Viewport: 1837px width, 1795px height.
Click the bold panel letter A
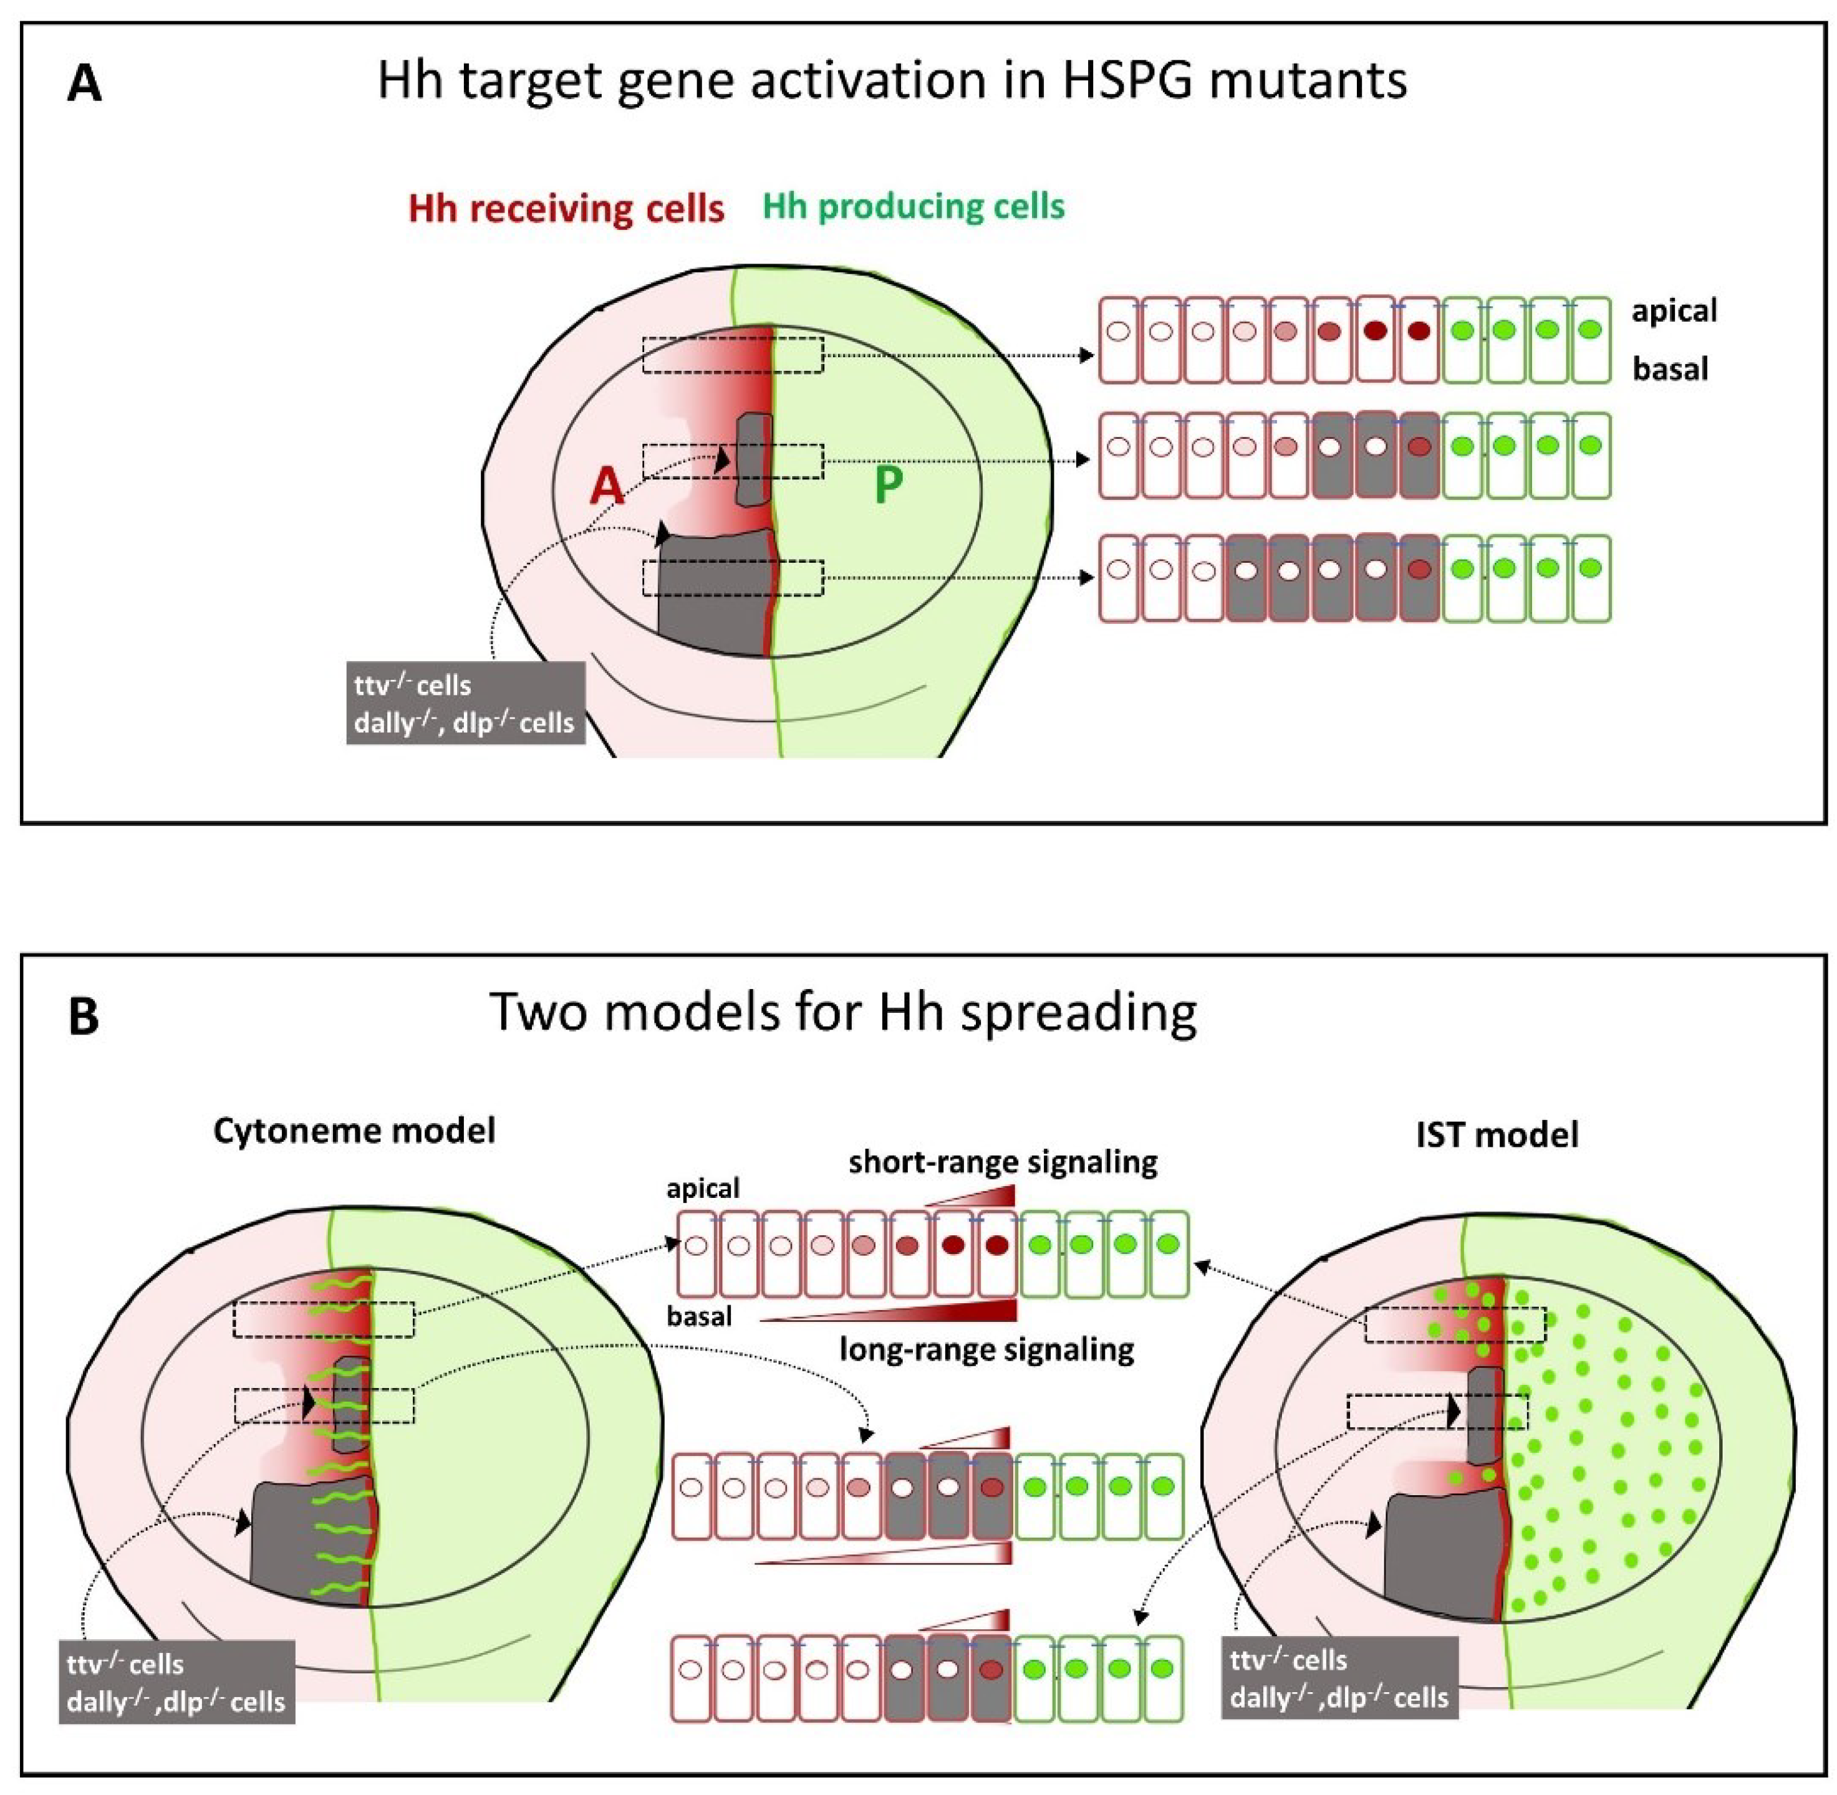tap(84, 84)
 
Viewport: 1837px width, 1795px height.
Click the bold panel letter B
tap(84, 1017)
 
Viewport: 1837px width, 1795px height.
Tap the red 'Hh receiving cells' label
tap(566, 208)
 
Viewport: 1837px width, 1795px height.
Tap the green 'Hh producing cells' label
tap(913, 206)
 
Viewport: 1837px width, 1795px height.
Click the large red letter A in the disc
tap(606, 487)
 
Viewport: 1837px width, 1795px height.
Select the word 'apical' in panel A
tap(1674, 311)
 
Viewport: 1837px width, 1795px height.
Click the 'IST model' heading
tap(1497, 1134)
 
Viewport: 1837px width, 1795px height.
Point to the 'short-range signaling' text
tap(1003, 1162)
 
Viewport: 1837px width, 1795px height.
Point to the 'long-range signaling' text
tap(986, 1349)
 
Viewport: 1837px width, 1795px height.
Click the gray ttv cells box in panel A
tap(465, 703)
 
